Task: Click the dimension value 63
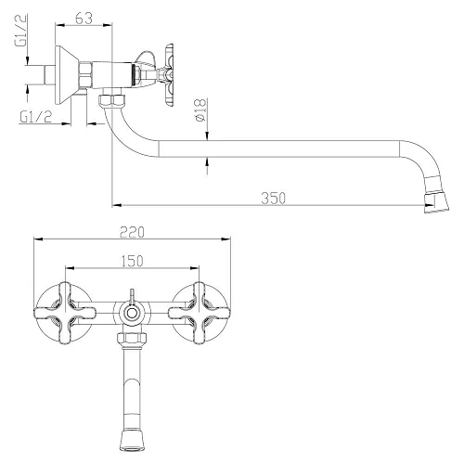(x=84, y=17)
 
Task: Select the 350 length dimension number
(x=272, y=197)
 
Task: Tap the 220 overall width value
(x=133, y=231)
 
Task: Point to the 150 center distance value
(x=133, y=261)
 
